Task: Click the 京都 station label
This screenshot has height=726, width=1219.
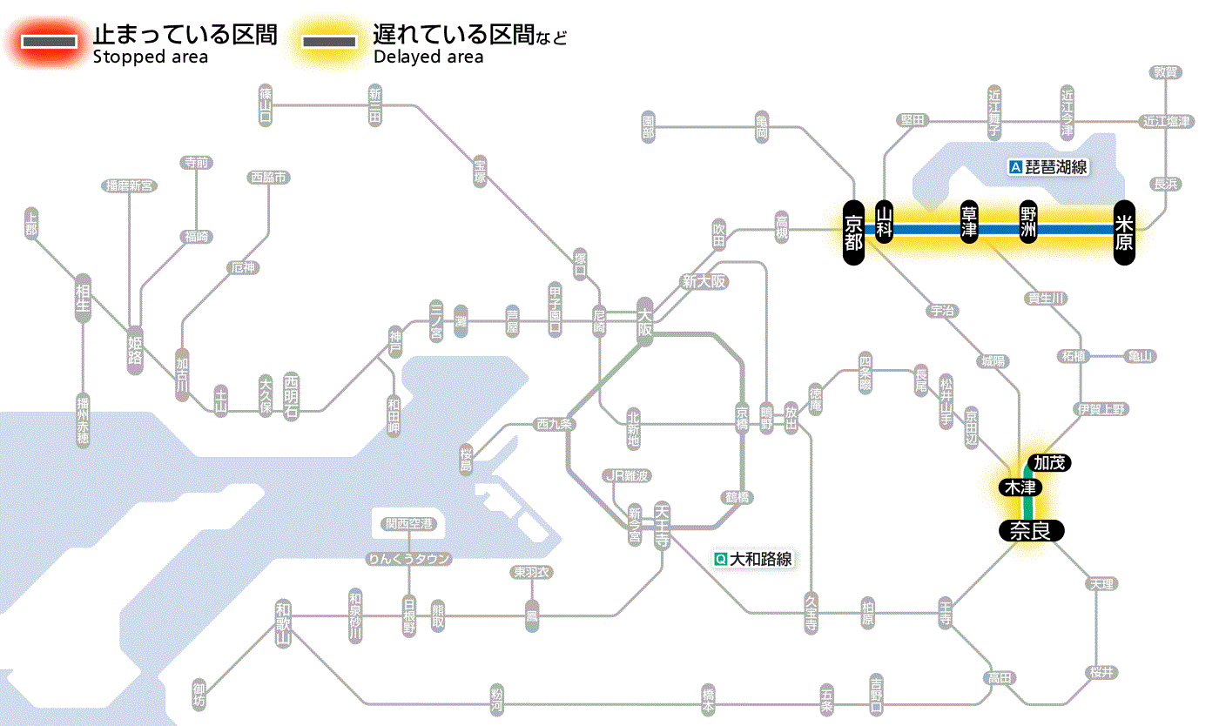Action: pos(853,230)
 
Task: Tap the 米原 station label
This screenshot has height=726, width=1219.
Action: pos(1124,231)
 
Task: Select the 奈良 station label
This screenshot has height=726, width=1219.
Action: pos(1030,530)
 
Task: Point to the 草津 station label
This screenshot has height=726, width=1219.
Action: pos(969,223)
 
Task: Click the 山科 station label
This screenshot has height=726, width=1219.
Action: pos(885,223)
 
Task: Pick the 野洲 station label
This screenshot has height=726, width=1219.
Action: pos(1028,223)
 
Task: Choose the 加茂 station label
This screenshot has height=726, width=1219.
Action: pos(1049,462)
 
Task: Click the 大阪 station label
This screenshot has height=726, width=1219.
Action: pos(644,321)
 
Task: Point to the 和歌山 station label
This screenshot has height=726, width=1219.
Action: pos(282,622)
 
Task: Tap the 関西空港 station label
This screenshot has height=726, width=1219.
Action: pos(408,524)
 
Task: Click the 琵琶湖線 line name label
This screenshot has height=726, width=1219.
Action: pos(1048,167)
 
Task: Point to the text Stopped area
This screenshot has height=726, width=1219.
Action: pos(150,57)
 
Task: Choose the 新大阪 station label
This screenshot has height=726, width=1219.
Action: pos(704,282)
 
